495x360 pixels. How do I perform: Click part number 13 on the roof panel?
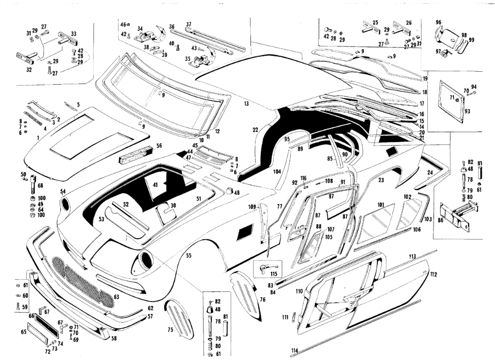click(246, 104)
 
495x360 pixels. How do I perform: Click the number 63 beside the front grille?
click(117, 297)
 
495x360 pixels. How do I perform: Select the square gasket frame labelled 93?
click(449, 103)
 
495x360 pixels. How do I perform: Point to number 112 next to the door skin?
click(434, 274)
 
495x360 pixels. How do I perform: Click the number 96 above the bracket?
click(438, 22)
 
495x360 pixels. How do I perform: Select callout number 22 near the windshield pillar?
click(255, 130)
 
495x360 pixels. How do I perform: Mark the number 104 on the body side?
click(277, 171)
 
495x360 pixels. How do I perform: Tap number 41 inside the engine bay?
click(155, 185)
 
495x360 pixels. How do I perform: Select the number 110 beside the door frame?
click(298, 292)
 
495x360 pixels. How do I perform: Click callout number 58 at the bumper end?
click(114, 339)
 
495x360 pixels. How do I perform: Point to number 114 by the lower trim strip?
click(295, 351)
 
